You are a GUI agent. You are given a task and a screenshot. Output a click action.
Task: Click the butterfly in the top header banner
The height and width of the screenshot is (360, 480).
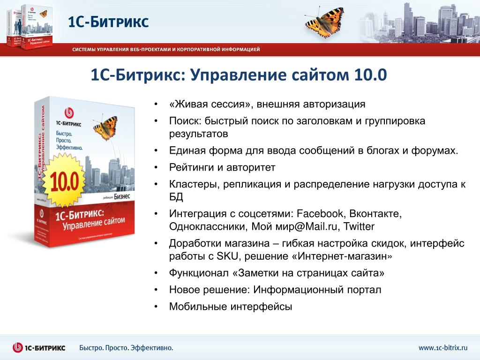point(324,22)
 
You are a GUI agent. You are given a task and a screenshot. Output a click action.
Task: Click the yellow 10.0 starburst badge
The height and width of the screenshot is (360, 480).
point(64,180)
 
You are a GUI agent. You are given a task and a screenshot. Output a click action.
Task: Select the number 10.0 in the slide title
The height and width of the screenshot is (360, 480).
point(371,75)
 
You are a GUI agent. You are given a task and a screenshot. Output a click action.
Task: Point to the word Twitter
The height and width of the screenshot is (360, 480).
point(359,226)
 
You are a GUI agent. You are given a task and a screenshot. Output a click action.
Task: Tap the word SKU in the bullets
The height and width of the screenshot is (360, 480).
point(227,256)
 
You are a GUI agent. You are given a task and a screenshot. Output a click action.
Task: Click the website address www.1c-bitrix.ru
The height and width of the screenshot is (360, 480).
point(443,348)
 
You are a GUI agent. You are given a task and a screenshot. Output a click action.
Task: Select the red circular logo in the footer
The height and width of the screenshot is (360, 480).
point(18,347)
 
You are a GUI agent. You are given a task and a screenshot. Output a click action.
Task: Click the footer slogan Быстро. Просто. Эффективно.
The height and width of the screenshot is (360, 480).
point(126,348)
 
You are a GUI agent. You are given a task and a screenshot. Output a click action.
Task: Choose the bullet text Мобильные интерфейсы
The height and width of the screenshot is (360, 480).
point(231,307)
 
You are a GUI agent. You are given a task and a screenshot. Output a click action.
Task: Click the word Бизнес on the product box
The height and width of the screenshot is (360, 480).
point(122,196)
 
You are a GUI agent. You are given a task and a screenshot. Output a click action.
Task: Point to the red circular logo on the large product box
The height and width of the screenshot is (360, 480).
point(69,113)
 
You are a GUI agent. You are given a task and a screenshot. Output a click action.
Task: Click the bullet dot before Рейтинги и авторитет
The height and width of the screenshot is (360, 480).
point(156,167)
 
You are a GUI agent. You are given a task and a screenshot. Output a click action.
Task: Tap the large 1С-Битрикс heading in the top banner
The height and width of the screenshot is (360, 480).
point(108,22)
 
